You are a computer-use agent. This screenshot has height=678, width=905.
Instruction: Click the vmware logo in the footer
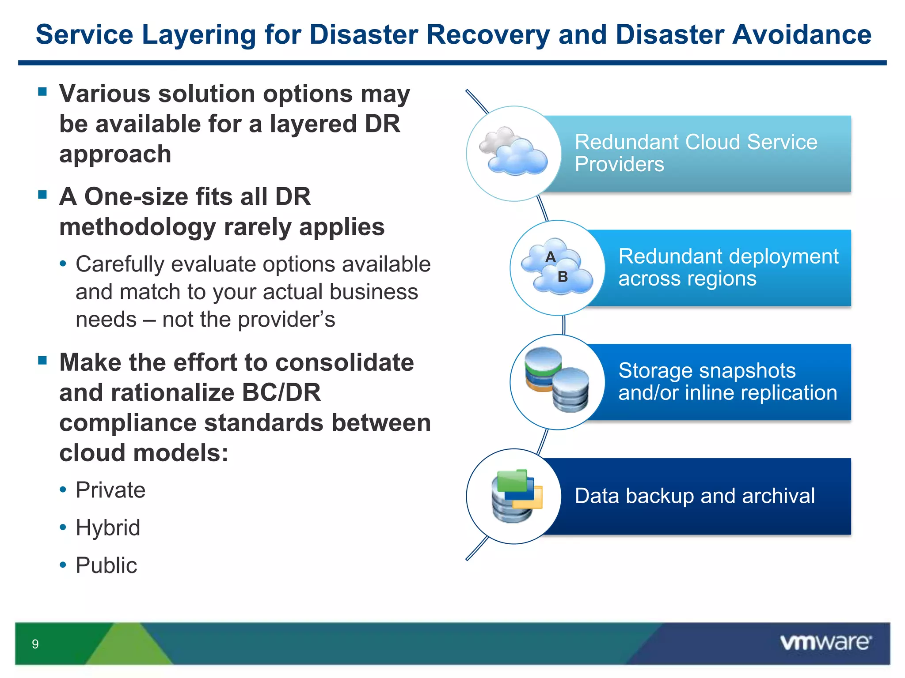825,643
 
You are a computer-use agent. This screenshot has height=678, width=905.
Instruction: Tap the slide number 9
35,644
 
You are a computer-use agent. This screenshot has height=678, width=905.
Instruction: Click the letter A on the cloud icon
550,257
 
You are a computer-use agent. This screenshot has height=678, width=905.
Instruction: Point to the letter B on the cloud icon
563,277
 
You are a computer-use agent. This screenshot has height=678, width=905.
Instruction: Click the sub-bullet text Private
110,490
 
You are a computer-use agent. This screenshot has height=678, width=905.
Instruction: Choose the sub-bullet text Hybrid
108,527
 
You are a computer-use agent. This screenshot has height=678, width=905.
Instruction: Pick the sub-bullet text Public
106,565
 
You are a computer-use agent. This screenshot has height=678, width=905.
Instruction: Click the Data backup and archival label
695,496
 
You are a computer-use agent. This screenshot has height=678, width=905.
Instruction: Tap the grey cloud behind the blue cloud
497,139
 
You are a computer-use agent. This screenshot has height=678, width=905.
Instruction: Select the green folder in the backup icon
512,481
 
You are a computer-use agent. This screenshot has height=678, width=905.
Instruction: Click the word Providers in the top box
619,164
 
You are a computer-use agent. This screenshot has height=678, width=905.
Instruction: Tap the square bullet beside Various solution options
42,92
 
